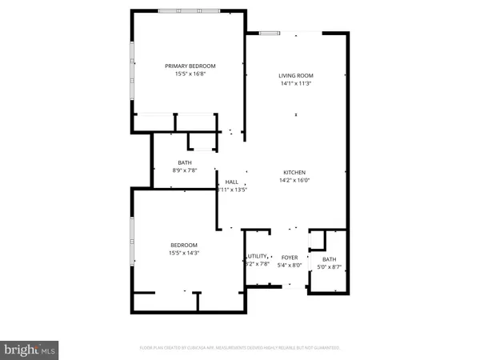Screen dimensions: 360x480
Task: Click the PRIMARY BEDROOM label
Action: [x=190, y=66]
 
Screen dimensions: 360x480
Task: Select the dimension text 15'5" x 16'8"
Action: [x=190, y=74]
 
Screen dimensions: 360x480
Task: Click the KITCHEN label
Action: [x=294, y=173]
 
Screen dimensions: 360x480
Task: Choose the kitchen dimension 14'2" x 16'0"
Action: [x=294, y=181]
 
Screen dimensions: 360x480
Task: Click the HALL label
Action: [x=232, y=182]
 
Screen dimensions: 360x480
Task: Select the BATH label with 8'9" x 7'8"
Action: [x=184, y=162]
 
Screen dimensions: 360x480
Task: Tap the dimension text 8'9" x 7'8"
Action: [x=184, y=170]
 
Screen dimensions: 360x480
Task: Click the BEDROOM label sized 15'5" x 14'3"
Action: [x=183, y=245]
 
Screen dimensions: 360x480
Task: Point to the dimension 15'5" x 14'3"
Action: [x=183, y=253]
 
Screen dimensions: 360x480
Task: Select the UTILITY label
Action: [x=257, y=255]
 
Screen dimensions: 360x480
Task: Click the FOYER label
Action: [x=287, y=258]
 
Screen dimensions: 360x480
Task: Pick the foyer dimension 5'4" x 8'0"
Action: [x=287, y=266]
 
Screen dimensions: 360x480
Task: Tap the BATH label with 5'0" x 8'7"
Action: [x=329, y=259]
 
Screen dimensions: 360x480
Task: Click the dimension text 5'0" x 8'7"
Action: [x=329, y=267]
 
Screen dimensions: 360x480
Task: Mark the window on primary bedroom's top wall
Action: [x=190, y=11]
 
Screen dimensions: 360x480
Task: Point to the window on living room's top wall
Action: [x=270, y=32]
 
